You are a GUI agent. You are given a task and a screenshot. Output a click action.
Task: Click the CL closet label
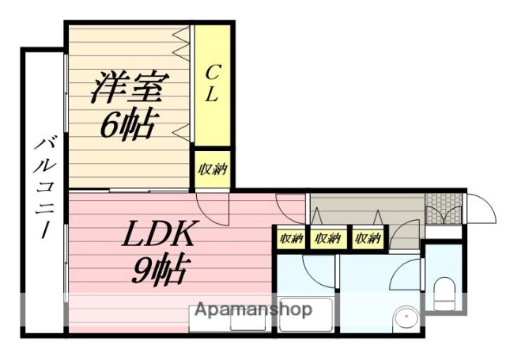(x=212, y=83)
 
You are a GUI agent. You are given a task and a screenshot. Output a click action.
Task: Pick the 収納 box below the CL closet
(x=212, y=169)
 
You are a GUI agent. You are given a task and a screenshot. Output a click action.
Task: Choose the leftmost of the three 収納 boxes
(x=290, y=237)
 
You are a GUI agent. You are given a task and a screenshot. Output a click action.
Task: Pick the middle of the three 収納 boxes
(x=327, y=237)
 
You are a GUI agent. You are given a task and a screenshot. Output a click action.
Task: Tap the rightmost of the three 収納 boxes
(x=366, y=237)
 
